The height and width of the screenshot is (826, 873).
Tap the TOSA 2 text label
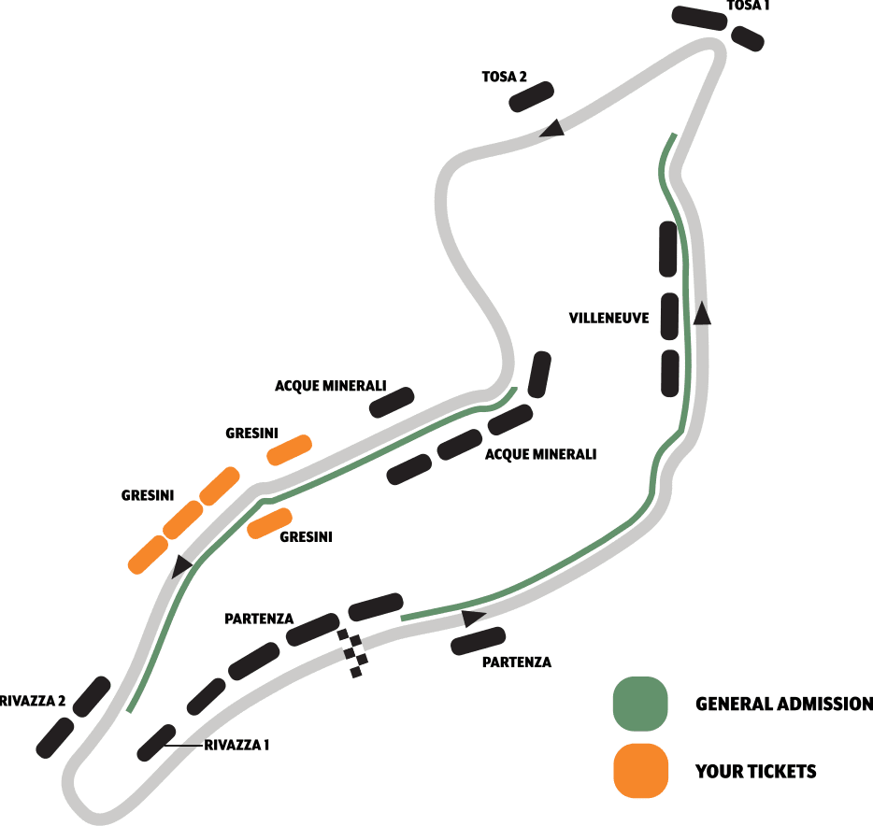coord(504,78)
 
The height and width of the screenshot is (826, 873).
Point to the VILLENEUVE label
coord(608,318)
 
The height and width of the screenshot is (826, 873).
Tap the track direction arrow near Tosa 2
coord(552,128)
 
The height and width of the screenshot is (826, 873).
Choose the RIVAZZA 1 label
coord(237,745)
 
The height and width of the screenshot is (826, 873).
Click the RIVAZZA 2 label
coord(33,701)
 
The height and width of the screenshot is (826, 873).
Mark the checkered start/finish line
coord(352,650)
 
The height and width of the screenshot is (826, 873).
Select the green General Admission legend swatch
coord(640,704)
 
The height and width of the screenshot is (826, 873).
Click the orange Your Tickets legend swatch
coord(640,771)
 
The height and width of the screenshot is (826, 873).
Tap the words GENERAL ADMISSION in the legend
coord(783,704)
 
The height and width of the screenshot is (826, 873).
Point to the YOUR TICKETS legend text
coord(755,771)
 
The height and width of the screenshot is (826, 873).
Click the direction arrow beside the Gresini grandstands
coord(181,564)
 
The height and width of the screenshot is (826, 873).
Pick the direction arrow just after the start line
coord(474,617)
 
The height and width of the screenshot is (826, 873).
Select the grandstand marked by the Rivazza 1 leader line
coord(156,742)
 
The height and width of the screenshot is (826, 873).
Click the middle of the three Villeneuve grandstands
coord(669,316)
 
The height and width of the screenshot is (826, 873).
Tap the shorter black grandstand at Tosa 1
coord(748,38)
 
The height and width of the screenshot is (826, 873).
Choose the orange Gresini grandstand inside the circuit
coord(270,523)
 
